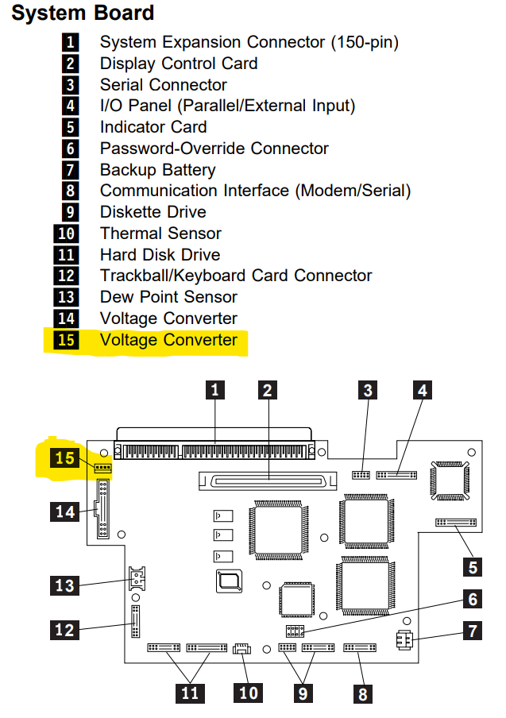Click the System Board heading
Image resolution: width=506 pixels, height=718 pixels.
[83, 14]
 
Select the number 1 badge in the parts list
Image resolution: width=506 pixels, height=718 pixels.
[70, 42]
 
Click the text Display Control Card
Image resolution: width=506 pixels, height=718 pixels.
[178, 64]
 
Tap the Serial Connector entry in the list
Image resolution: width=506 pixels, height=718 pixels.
[163, 85]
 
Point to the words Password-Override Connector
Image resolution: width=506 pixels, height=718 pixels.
[214, 149]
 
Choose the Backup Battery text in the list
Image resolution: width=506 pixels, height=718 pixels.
[157, 170]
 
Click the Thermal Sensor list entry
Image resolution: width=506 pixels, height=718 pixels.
[160, 234]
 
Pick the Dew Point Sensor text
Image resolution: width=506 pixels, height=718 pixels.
[168, 297]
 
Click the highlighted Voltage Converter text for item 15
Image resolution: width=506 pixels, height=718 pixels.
[168, 340]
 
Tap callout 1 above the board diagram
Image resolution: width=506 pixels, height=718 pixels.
[215, 390]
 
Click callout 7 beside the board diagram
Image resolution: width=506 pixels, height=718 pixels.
[473, 631]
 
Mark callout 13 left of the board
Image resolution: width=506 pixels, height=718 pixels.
[64, 585]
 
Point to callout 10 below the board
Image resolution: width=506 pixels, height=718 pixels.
[249, 693]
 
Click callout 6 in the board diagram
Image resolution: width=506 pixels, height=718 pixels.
[473, 600]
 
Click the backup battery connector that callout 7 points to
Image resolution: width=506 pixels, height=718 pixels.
[403, 640]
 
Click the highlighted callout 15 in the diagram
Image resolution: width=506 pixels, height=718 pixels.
[64, 457]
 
